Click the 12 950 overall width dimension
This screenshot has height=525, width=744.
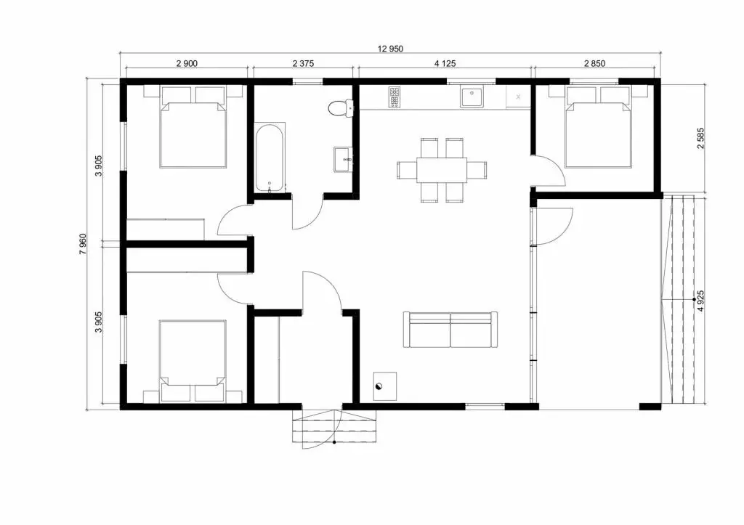(x=390, y=49)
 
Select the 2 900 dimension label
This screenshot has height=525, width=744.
(x=187, y=63)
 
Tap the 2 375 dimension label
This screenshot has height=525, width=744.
(x=303, y=63)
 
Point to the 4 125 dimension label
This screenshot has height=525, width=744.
(x=445, y=63)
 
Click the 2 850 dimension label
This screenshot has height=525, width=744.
(x=594, y=63)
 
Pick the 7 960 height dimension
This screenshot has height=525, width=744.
(x=83, y=244)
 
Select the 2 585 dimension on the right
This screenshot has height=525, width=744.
(x=701, y=138)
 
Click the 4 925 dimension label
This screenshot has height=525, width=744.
(x=701, y=301)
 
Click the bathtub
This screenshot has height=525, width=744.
(x=270, y=158)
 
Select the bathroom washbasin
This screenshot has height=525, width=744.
(x=343, y=159)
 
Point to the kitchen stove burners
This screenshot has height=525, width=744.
(x=395, y=97)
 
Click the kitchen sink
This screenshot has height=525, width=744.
(x=471, y=97)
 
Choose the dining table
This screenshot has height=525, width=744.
(x=442, y=170)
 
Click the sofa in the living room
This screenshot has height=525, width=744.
(x=450, y=329)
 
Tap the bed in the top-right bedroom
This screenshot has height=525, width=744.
(x=599, y=127)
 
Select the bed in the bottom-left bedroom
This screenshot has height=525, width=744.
(x=193, y=360)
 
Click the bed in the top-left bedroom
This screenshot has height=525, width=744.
(x=193, y=126)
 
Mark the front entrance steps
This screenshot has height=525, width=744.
(x=334, y=426)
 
